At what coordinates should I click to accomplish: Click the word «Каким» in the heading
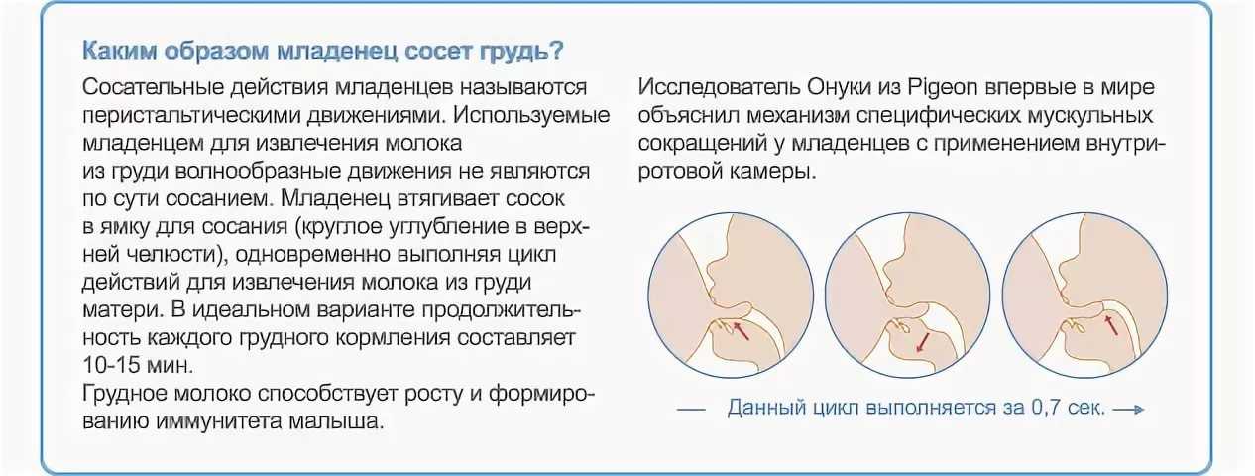point(119,51)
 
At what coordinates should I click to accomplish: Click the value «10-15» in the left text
point(111,366)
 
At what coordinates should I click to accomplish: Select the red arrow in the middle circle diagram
point(923,342)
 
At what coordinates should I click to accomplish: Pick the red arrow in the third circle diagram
point(1110,325)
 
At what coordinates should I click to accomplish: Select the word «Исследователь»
point(720,88)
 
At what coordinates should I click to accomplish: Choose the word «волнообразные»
point(259,172)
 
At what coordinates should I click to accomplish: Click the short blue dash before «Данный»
point(690,410)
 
